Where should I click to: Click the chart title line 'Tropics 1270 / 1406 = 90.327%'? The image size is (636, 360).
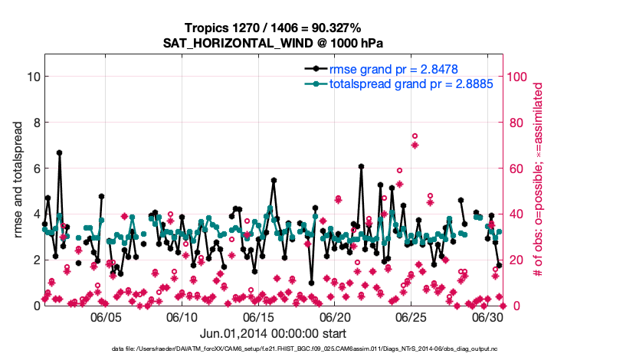click(273, 28)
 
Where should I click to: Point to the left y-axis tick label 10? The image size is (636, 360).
click(34, 77)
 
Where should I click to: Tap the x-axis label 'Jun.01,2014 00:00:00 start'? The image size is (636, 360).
click(273, 333)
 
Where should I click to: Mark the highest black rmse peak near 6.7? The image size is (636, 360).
click(59, 152)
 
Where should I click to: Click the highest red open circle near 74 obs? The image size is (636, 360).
click(415, 136)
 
